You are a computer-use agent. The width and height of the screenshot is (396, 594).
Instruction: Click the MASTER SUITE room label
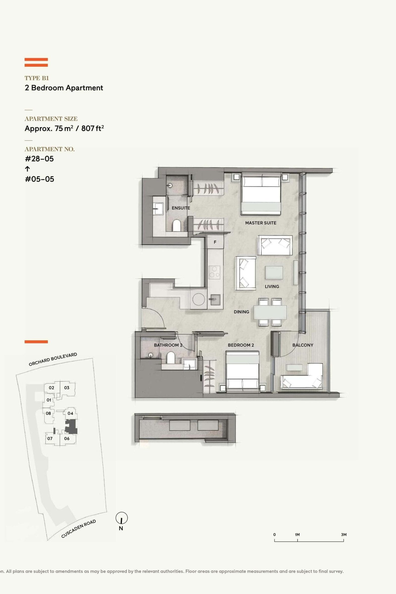pyautogui.click(x=261, y=223)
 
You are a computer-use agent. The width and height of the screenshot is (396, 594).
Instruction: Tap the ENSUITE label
pyautogui.click(x=181, y=208)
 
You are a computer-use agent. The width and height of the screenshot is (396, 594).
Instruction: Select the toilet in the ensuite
pyautogui.click(x=176, y=225)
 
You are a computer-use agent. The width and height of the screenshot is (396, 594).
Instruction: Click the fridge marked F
pyautogui.click(x=215, y=242)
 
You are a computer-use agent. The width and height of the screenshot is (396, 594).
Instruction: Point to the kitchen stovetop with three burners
pyautogui.click(x=214, y=272)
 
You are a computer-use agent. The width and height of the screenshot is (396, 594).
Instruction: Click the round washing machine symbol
pyautogui.click(x=198, y=299)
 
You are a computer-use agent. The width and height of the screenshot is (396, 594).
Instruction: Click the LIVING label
pyautogui.click(x=272, y=286)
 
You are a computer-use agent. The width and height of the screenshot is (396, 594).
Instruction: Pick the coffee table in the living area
pyautogui.click(x=274, y=272)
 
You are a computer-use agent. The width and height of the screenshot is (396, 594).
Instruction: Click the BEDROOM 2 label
pyautogui.click(x=241, y=345)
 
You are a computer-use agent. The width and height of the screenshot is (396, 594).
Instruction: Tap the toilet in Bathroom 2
pyautogui.click(x=171, y=357)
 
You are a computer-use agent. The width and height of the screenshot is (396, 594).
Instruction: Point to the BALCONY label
pyautogui.click(x=302, y=345)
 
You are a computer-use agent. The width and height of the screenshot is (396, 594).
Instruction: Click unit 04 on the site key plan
pyautogui.click(x=70, y=413)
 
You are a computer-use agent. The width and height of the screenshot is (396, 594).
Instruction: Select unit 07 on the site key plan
pyautogui.click(x=50, y=438)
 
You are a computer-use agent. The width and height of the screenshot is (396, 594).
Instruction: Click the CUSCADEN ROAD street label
pyautogui.click(x=78, y=529)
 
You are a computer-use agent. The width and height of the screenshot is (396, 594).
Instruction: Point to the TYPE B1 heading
pyautogui.click(x=37, y=78)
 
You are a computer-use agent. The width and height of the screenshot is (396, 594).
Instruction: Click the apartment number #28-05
pyautogui.click(x=39, y=159)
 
